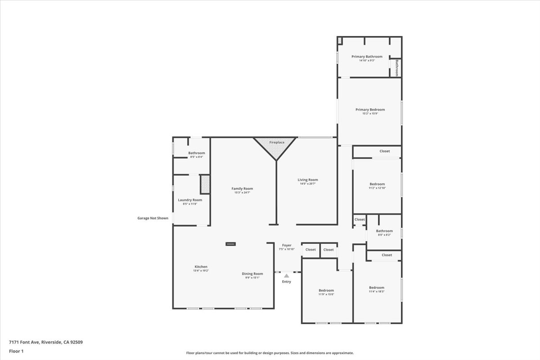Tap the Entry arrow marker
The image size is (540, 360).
click(x=286, y=276)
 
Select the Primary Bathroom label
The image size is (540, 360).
click(x=367, y=57)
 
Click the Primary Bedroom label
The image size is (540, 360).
click(x=370, y=109)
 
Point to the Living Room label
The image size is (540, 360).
click(x=308, y=180)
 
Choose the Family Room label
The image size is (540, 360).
click(x=242, y=189)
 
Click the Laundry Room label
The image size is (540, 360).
click(x=190, y=200)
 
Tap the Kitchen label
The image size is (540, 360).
click(x=201, y=266)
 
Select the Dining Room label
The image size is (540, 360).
click(x=252, y=274)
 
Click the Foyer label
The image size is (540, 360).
click(x=287, y=245)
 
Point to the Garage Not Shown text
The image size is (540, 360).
click(x=153, y=218)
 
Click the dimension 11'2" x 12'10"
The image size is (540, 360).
click(x=377, y=188)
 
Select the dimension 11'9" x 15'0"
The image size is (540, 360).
click(x=326, y=294)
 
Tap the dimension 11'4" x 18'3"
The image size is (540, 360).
click(x=377, y=292)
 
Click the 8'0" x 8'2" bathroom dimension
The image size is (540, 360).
click(x=384, y=235)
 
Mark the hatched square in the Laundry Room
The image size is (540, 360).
click(x=205, y=184)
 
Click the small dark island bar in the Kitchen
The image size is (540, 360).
click(x=230, y=244)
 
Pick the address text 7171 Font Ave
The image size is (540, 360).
click(x=45, y=342)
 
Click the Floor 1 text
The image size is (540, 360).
click(x=16, y=351)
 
